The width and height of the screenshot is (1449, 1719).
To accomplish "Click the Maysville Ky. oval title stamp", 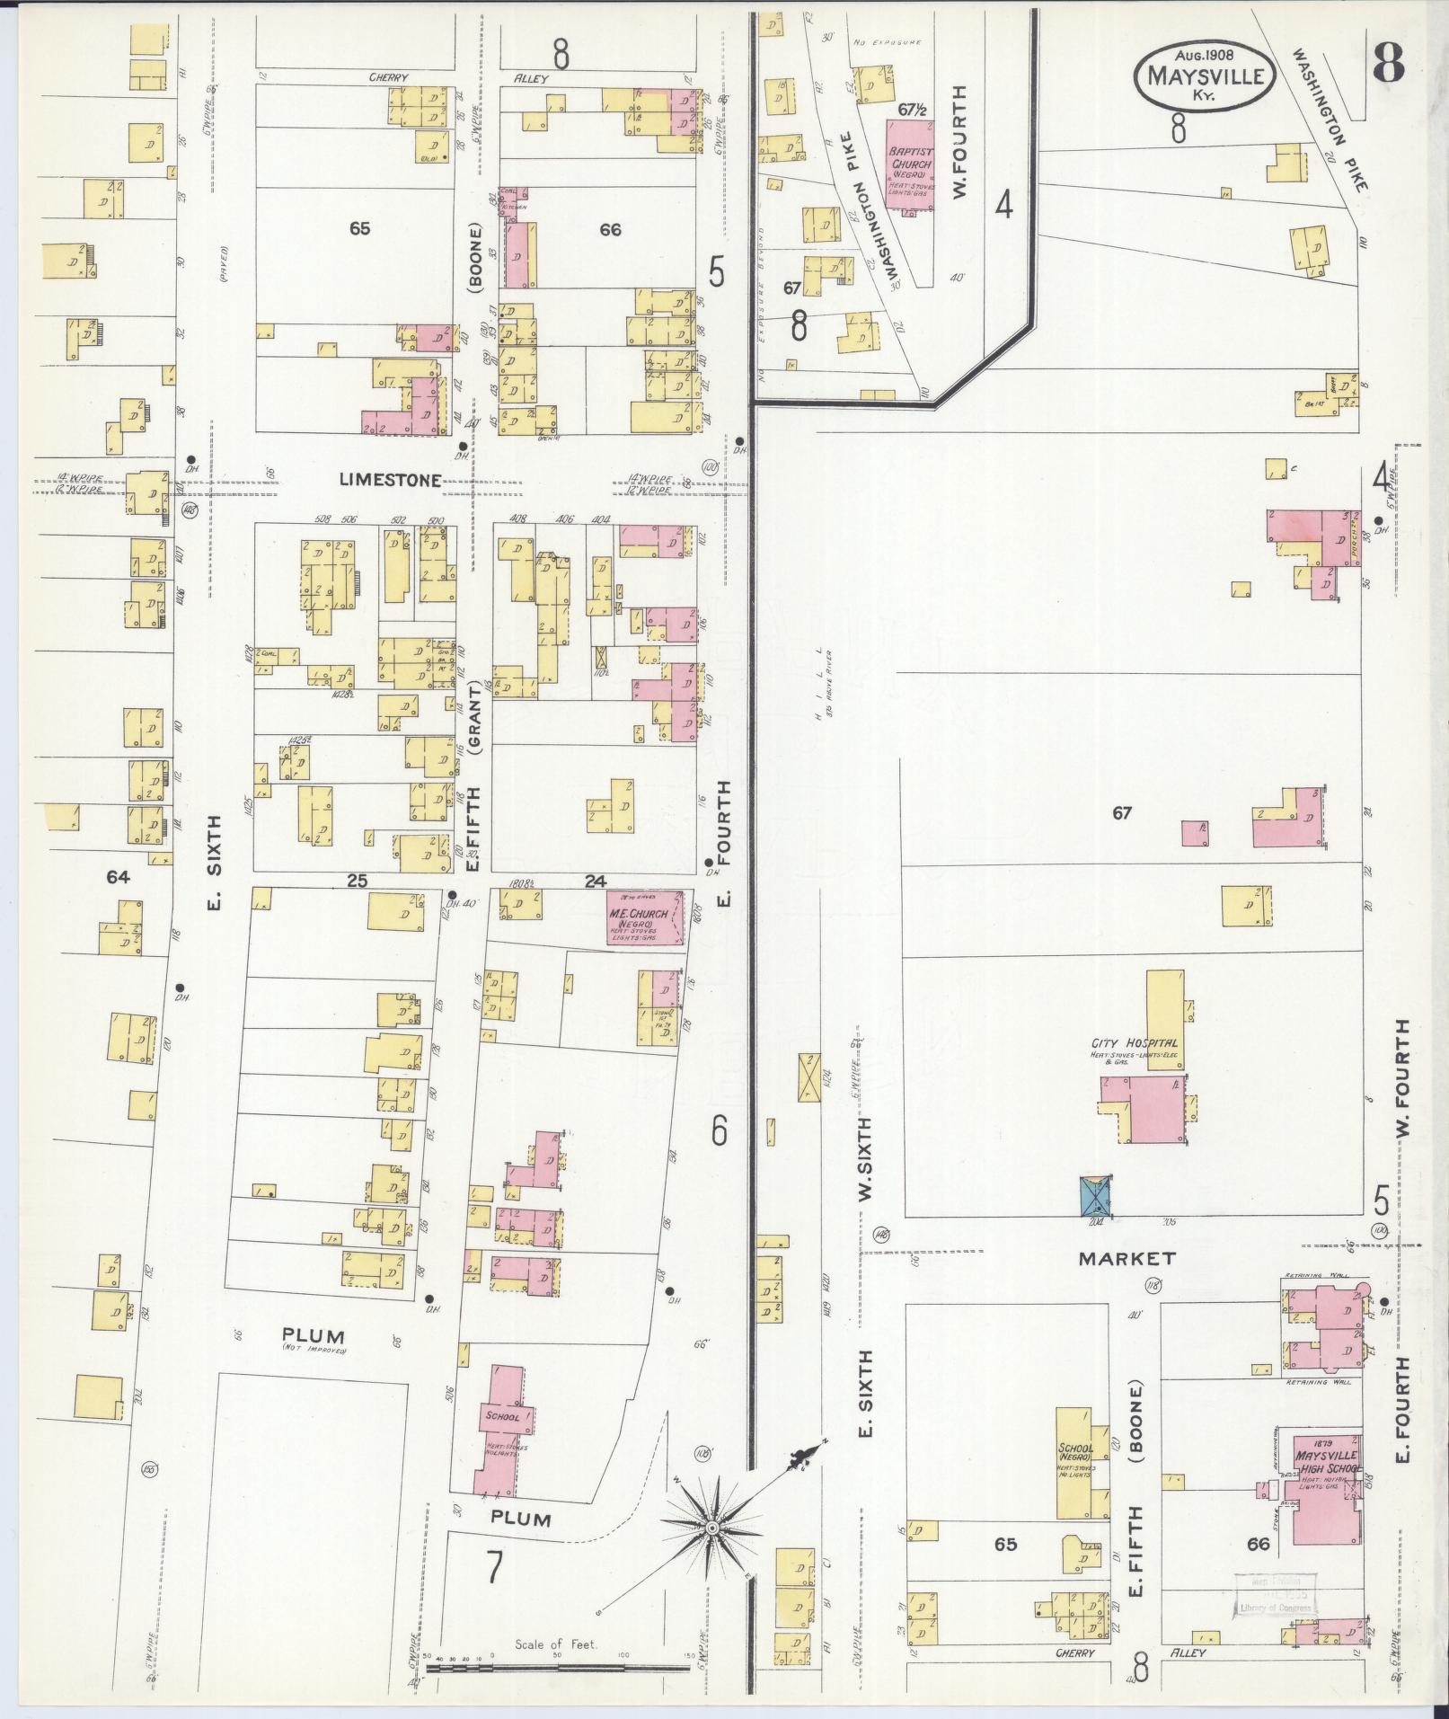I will click(1204, 75).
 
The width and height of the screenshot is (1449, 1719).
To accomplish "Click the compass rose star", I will click(711, 1526).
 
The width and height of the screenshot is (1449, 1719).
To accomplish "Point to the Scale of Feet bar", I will click(557, 1668).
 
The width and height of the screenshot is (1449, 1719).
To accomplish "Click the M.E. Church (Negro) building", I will click(643, 918).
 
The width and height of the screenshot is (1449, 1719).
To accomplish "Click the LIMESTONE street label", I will click(390, 481).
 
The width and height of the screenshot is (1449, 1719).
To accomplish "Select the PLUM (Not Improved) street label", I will click(314, 1339).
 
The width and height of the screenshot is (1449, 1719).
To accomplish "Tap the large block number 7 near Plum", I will click(494, 1567).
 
